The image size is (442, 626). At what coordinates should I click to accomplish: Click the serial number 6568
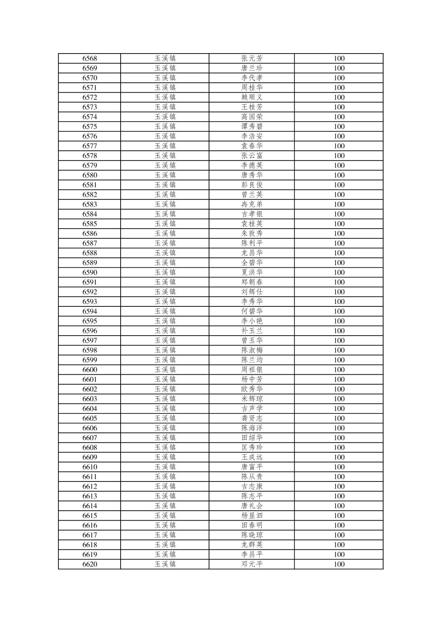coord(90,58)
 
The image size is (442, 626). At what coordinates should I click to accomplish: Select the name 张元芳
coord(252,58)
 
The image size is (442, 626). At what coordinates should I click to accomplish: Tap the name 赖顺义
coord(252,97)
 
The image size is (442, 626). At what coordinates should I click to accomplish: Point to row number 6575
coord(90,126)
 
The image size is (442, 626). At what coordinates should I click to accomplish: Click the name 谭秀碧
coord(252,126)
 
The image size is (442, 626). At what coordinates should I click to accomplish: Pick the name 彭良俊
coord(252,185)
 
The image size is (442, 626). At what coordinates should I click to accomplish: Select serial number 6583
coord(90,204)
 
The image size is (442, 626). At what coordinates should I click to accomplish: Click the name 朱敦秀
coord(252,234)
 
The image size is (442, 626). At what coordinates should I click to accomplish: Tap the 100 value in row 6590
coord(339,272)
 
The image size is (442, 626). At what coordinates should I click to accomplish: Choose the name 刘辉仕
coord(252,292)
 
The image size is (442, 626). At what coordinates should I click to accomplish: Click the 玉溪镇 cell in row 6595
coord(165,321)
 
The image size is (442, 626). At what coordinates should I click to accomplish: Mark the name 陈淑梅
coord(252,350)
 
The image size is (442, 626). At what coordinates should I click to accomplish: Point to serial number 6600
coord(90,369)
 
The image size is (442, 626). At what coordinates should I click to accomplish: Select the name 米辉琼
coord(252,399)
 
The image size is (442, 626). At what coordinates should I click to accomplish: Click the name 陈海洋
coord(252,428)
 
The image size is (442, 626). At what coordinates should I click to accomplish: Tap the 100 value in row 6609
coord(339,457)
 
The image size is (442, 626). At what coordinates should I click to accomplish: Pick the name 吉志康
coord(252,486)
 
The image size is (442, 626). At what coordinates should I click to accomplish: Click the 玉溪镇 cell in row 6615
coord(165,516)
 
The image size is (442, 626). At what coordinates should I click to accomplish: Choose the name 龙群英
coord(252,544)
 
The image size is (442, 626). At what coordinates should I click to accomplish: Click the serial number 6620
coord(90,564)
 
